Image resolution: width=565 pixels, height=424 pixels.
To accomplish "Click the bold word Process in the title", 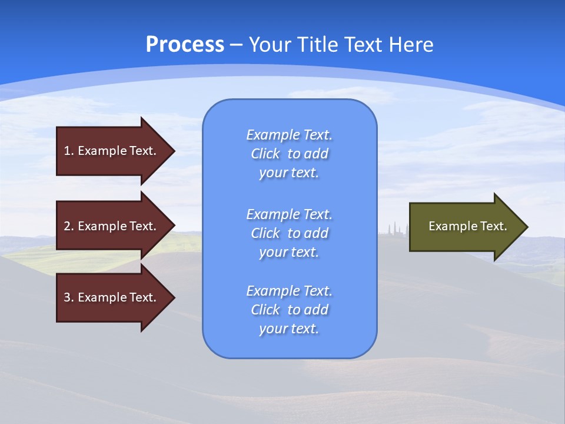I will point(185,45).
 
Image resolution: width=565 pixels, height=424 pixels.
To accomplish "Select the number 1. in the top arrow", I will point(69,151).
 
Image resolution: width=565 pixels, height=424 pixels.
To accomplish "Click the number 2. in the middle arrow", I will point(69,226).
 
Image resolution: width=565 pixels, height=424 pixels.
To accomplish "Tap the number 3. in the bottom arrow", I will point(69,297).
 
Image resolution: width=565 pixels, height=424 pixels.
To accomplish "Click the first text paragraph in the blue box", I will point(290,154).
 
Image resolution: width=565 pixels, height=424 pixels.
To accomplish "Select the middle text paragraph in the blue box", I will point(290,233).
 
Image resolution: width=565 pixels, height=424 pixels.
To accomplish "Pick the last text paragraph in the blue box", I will point(290,310).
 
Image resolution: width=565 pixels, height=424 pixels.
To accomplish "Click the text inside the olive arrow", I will point(467,226).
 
